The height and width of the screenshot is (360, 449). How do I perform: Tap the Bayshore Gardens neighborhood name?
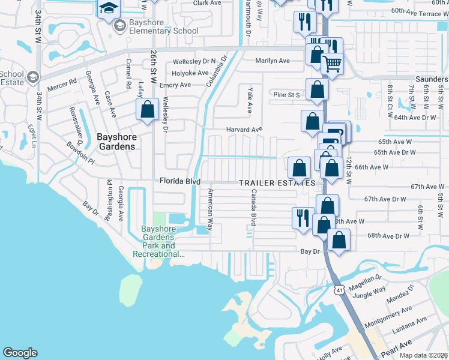click(116, 142)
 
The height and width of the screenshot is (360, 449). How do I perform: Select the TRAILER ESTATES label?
click(277, 182)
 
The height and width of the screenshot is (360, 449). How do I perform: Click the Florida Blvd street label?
click(179, 181)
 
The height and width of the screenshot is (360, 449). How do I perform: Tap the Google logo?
click(20, 353)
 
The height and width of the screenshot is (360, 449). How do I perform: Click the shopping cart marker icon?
click(332, 63)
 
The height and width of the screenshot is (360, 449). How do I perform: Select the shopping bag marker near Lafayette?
click(147, 110)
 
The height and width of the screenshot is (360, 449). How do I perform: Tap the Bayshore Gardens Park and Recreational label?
click(159, 241)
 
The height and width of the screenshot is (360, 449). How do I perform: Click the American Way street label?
click(210, 209)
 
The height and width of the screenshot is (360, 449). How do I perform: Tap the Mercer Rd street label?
click(64, 82)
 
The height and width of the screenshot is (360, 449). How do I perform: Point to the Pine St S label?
click(286, 95)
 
